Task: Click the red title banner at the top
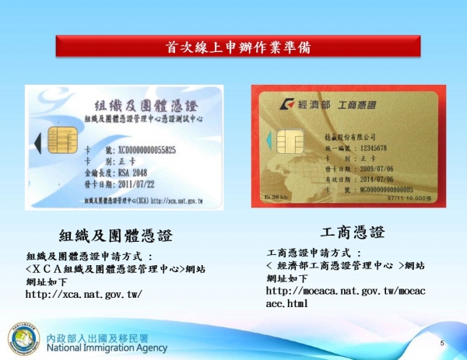[x=233, y=47]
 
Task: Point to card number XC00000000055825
[x=146, y=149]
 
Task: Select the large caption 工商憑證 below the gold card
[x=353, y=232]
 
